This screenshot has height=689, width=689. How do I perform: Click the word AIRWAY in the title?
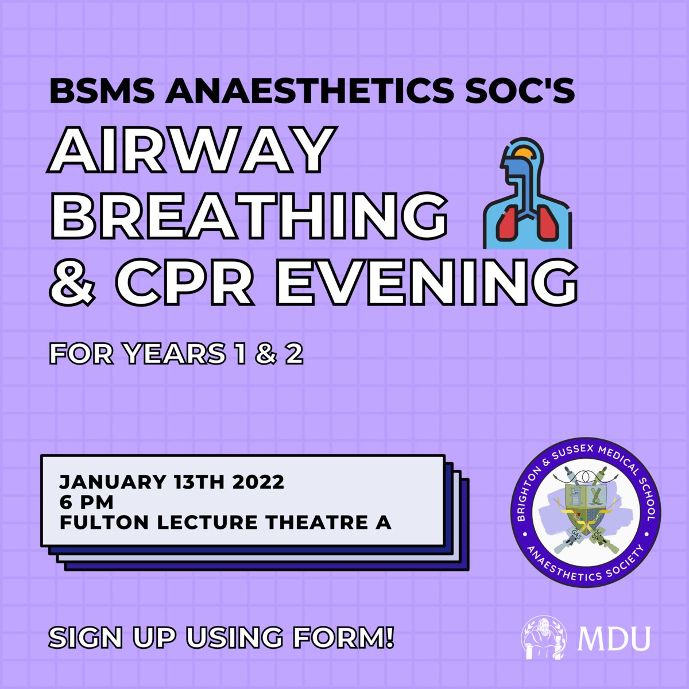pos(190,150)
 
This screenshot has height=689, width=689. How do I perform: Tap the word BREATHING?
pos(247,215)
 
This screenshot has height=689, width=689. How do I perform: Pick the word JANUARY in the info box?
pos(113,482)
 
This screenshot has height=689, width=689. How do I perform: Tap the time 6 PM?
pos(86,502)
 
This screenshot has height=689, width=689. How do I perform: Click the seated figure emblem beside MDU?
pos(544,637)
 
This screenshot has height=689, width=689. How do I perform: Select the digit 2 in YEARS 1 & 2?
pos(294,354)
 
